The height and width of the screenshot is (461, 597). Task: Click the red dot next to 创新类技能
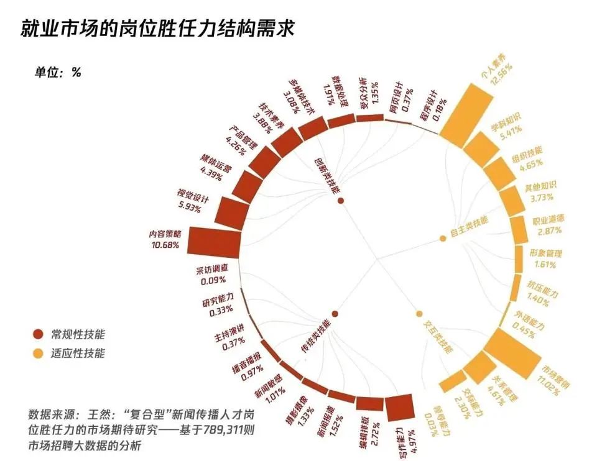tap(341, 201)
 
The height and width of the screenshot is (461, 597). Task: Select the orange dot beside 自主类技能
tap(443, 238)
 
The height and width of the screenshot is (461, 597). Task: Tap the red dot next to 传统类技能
tap(335, 314)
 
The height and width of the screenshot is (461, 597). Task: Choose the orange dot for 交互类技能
tap(419, 314)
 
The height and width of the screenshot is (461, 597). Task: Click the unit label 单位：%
tap(58, 71)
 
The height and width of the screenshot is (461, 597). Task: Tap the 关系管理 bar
tap(479, 367)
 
